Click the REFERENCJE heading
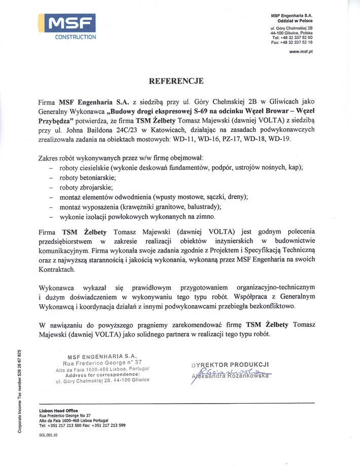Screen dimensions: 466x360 tap(176, 81)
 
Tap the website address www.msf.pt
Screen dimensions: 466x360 tap(301, 52)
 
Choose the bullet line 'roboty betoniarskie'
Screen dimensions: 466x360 tap(88, 177)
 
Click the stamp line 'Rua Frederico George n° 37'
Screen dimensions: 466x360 tap(102, 363)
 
